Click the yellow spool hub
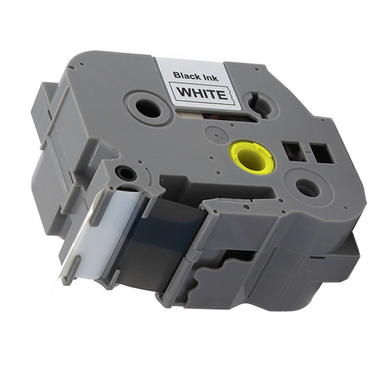(x=252, y=157)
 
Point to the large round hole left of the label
(x=148, y=109)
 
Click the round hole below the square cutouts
(x=308, y=188)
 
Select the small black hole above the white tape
(x=126, y=173)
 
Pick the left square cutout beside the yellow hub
(x=294, y=151)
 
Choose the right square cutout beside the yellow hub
(x=321, y=153)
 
